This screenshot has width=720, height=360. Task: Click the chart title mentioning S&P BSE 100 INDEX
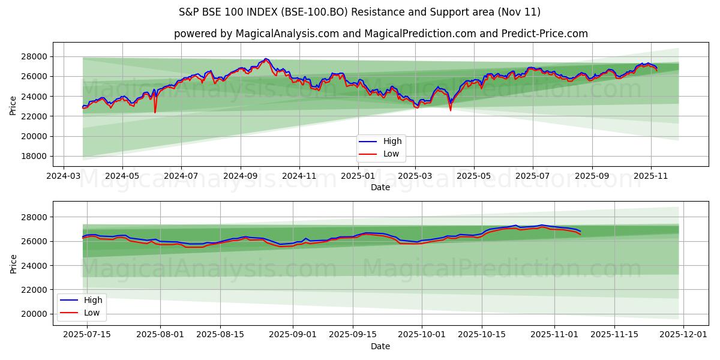tap(359, 12)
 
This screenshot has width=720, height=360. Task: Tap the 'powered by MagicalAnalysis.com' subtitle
tap(380, 34)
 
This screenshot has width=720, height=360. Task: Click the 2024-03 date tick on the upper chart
tap(64, 176)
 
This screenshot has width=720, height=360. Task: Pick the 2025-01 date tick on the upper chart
tap(357, 176)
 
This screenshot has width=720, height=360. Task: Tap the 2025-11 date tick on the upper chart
tap(650, 176)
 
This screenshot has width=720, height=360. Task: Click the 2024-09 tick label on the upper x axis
tap(240, 176)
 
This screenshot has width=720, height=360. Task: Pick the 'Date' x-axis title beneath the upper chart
tap(380, 187)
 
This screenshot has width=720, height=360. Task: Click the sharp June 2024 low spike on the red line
tap(155, 112)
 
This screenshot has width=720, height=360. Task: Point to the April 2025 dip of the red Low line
tap(451, 110)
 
